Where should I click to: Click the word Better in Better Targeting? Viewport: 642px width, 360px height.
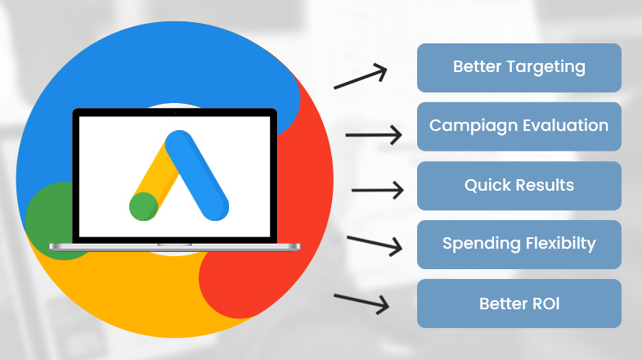[477, 66]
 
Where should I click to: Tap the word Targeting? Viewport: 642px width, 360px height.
[546, 68]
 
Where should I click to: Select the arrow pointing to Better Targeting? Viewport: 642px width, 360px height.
[361, 77]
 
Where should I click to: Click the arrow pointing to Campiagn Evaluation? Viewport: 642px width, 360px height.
[374, 135]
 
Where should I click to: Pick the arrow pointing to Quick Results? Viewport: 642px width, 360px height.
[378, 190]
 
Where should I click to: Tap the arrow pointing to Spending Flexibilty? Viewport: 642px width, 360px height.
[375, 244]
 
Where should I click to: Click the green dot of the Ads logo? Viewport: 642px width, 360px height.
[144, 206]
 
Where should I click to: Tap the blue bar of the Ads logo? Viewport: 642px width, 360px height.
[197, 175]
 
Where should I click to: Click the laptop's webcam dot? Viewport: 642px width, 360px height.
[175, 113]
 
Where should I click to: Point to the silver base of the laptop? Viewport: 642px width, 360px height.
[175, 246]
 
